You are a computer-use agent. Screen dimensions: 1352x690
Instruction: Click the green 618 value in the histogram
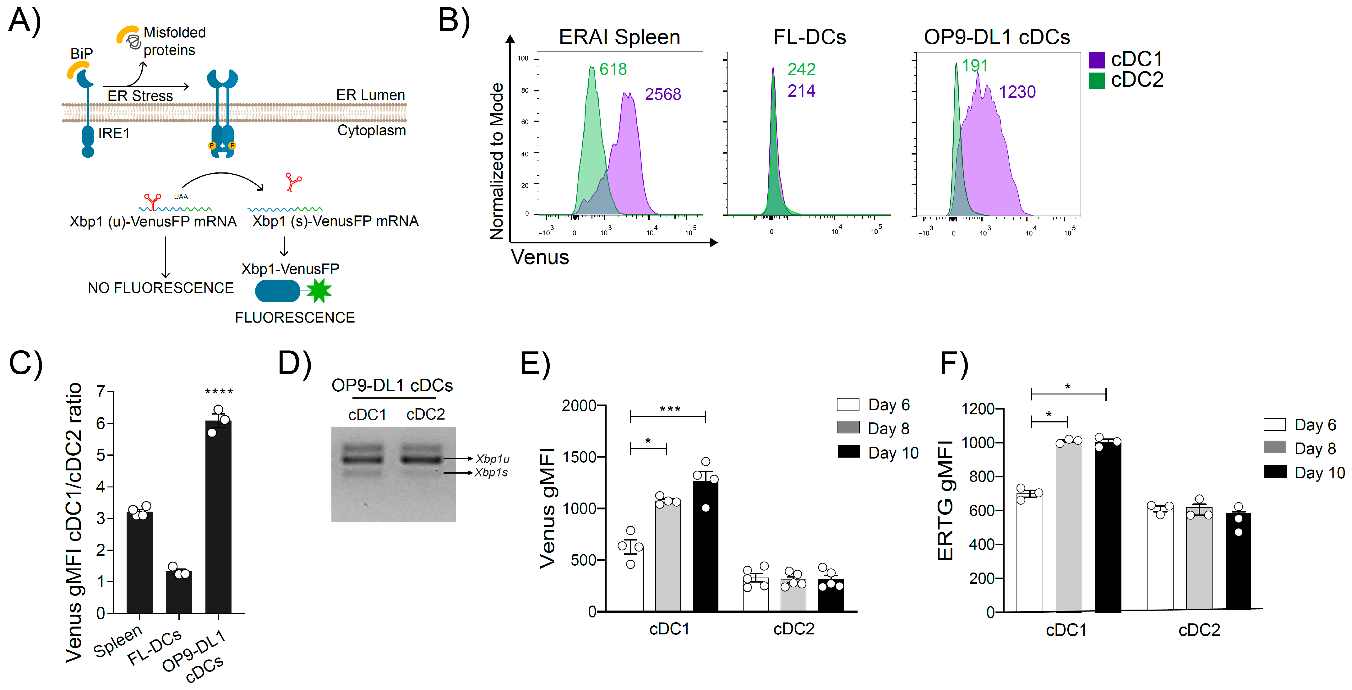coord(613,69)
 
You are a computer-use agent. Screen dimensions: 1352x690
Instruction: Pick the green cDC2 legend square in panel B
coord(1096,80)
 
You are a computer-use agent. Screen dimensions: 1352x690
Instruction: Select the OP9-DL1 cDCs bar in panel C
coord(218,516)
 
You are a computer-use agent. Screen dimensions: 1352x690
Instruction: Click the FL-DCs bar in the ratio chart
coord(179,592)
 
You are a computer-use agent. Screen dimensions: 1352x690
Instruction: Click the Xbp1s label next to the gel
coord(491,472)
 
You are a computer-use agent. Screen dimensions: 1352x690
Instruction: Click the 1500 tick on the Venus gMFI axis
coord(580,457)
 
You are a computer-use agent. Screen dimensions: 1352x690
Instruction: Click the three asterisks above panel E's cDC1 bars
coord(670,409)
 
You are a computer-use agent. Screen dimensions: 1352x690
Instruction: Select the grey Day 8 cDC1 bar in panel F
coord(1069,526)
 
